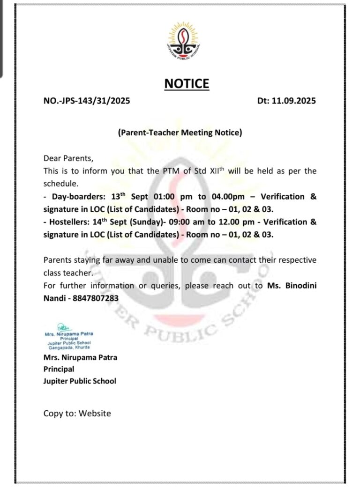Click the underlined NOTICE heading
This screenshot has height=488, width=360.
(187, 84)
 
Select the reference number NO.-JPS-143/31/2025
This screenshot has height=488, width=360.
(87, 101)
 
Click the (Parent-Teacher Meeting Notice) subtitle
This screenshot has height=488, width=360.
(180, 133)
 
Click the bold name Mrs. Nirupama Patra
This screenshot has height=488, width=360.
(80, 357)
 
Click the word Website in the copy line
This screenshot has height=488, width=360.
(95, 413)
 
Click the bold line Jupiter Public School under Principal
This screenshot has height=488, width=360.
(80, 381)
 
